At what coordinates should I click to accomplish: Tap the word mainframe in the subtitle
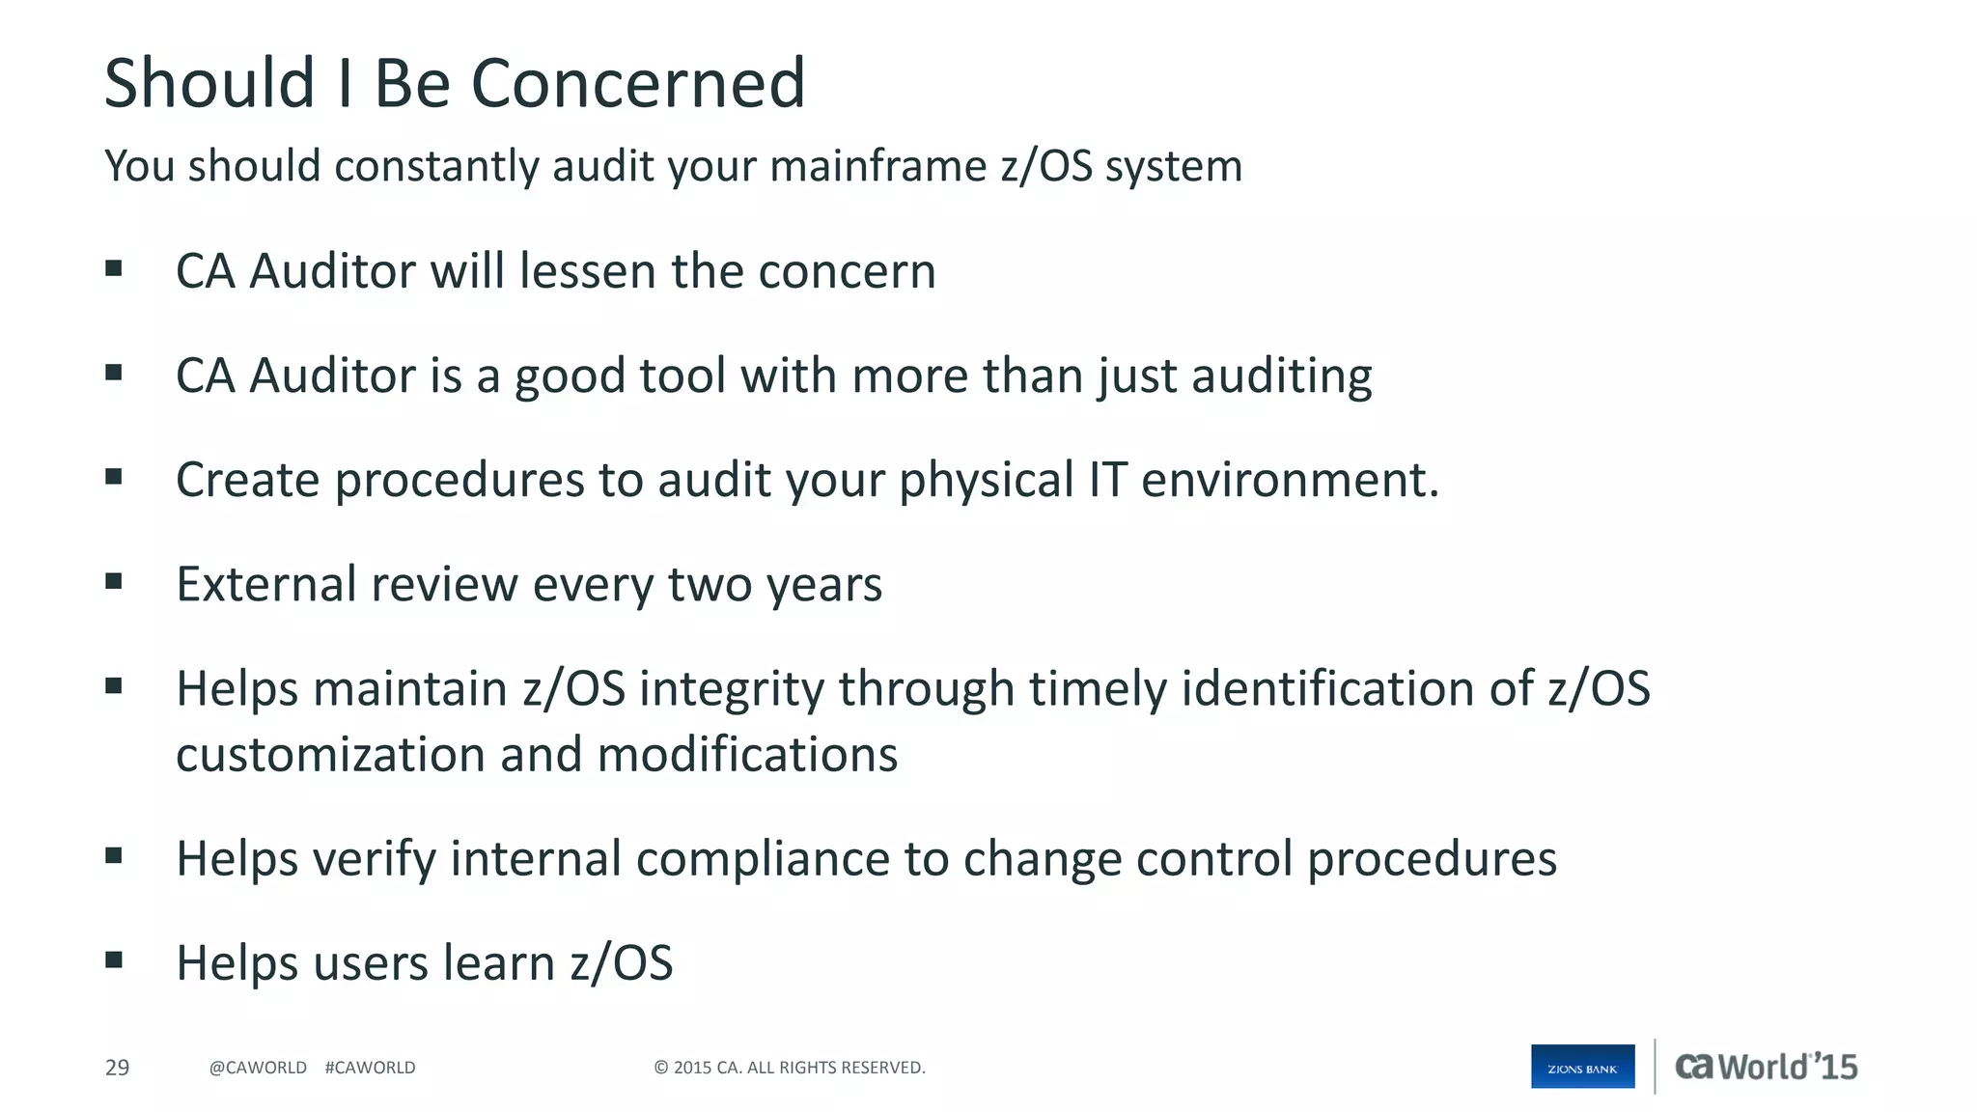[x=877, y=166]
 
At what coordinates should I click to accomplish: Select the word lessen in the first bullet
[x=587, y=271]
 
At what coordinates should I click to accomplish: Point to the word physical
[x=986, y=481]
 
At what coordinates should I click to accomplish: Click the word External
[x=265, y=584]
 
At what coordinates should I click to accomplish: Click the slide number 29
[x=117, y=1068]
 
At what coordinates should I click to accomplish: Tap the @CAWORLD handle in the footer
[x=258, y=1068]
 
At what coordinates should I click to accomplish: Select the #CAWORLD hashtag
[x=370, y=1068]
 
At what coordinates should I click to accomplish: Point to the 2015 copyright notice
[x=789, y=1068]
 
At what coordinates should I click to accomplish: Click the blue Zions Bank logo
[x=1582, y=1067]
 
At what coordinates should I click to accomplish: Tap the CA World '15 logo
[x=1766, y=1067]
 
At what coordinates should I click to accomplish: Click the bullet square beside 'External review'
[x=114, y=581]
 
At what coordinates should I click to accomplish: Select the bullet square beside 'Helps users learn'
[x=114, y=959]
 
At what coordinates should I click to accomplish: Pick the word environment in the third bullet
[x=1289, y=481]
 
